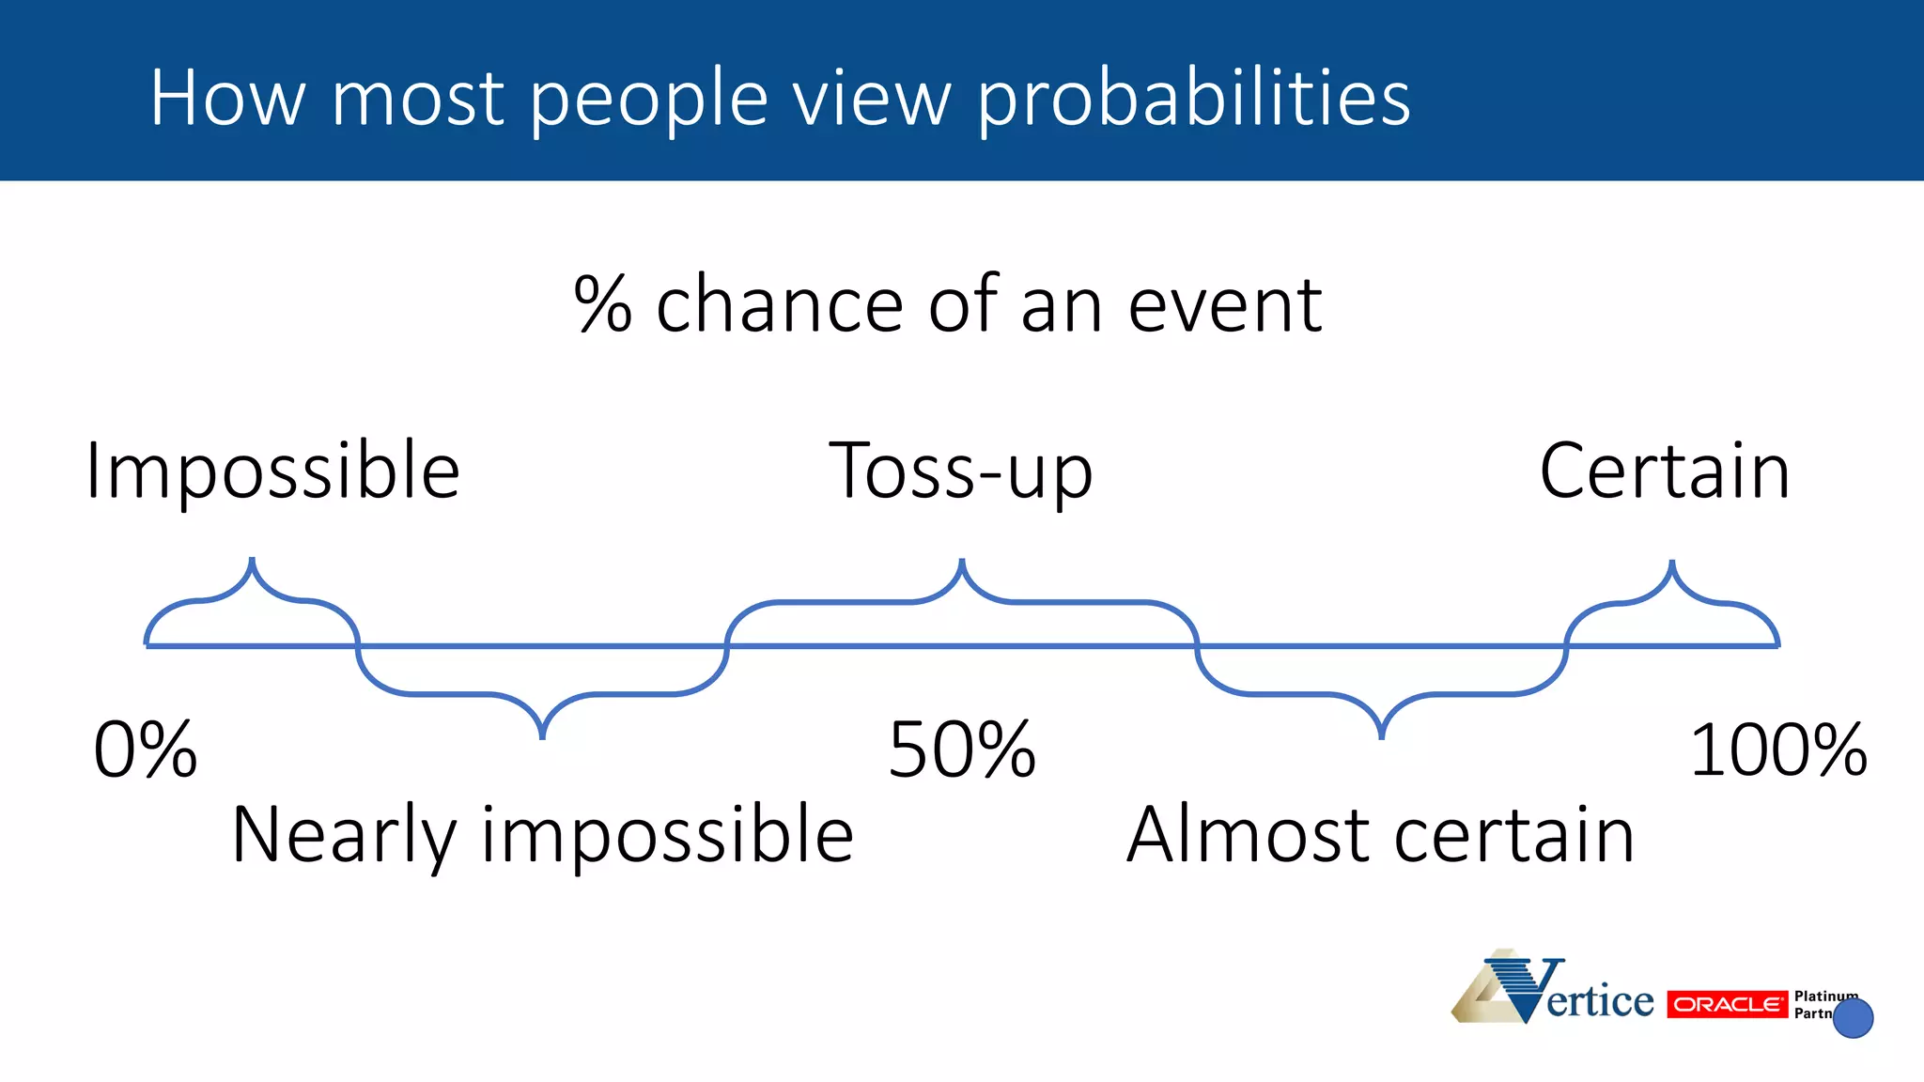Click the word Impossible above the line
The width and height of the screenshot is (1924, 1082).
pyautogui.click(x=272, y=471)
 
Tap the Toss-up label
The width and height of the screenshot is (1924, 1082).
pyautogui.click(x=960, y=471)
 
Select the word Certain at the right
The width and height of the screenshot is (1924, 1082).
pyautogui.click(x=1664, y=471)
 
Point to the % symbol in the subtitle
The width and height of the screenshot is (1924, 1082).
pyautogui.click(x=603, y=304)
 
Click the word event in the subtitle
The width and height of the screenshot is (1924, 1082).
pyautogui.click(x=1225, y=304)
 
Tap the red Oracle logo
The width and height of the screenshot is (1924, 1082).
pyautogui.click(x=1727, y=1004)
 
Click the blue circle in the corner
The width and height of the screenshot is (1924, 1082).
pyautogui.click(x=1853, y=1018)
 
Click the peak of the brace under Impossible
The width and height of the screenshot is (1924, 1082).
pyautogui.click(x=252, y=561)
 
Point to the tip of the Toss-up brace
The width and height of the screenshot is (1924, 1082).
pyautogui.click(x=962, y=562)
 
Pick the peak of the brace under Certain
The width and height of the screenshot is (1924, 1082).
pyautogui.click(x=1672, y=563)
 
